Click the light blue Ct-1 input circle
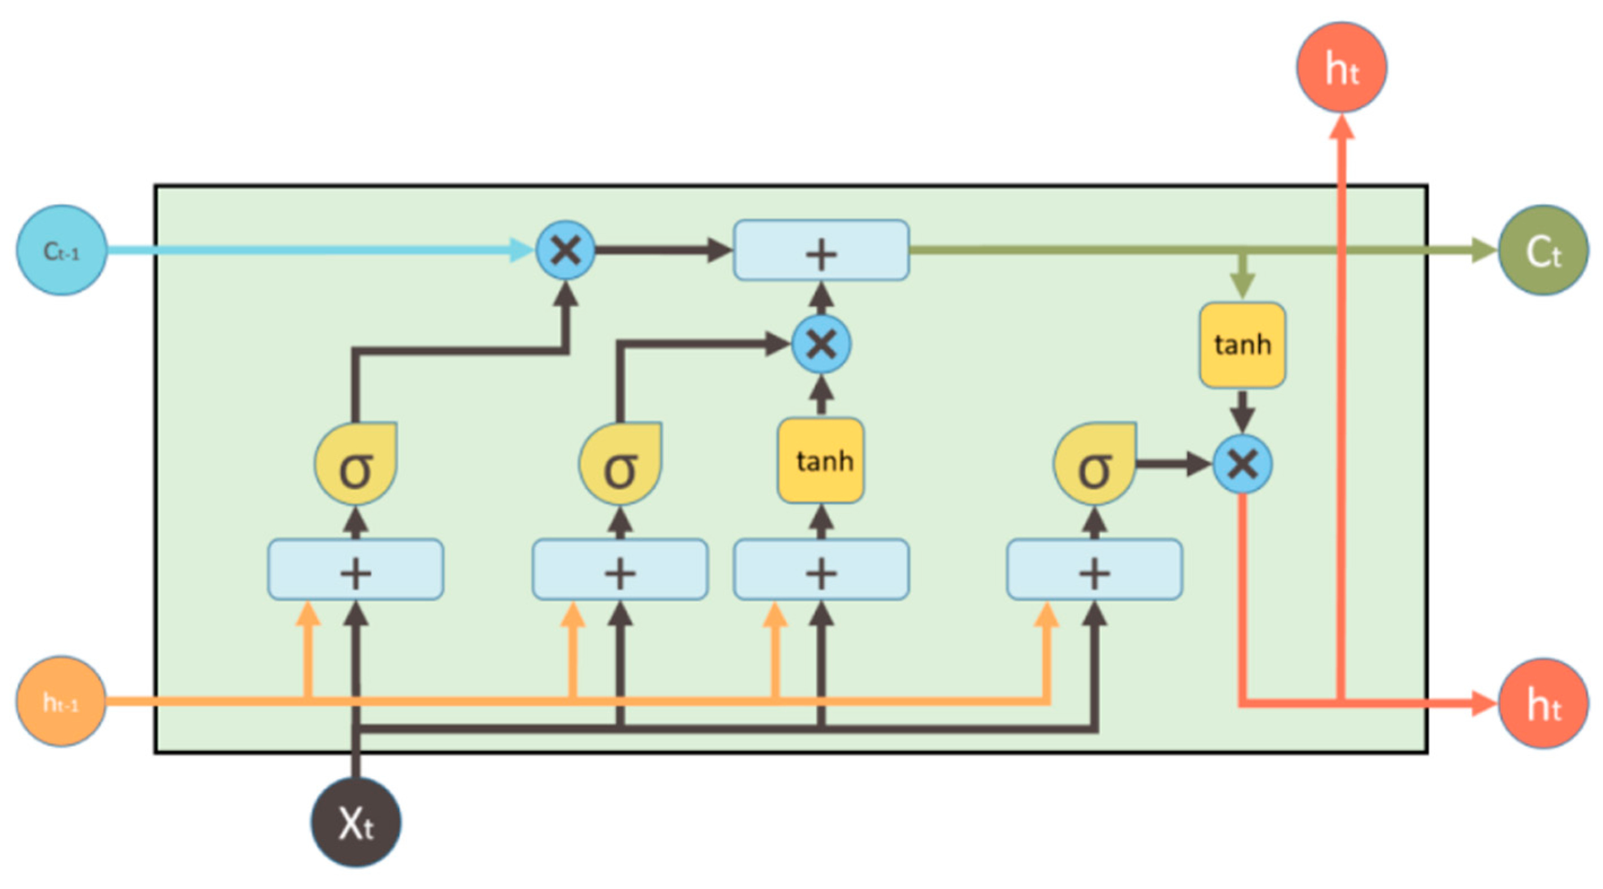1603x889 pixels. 61,250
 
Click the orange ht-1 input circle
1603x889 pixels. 61,701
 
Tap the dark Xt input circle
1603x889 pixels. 355,822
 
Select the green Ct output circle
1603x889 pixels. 1543,250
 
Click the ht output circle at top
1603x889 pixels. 1341,67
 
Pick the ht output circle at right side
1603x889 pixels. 1543,703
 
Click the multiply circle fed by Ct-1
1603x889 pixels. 565,250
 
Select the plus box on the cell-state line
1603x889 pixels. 821,250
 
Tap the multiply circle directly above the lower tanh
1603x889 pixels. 821,343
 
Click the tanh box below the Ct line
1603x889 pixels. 1242,345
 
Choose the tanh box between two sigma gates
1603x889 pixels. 821,460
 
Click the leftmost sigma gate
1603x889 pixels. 355,464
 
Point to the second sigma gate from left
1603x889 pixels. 620,464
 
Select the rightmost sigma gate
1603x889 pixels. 1095,464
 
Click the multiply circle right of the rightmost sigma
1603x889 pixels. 1242,464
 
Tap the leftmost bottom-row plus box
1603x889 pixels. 355,569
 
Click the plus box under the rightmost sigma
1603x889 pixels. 1095,569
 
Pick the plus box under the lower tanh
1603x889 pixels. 821,569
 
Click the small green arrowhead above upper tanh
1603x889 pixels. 1242,285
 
